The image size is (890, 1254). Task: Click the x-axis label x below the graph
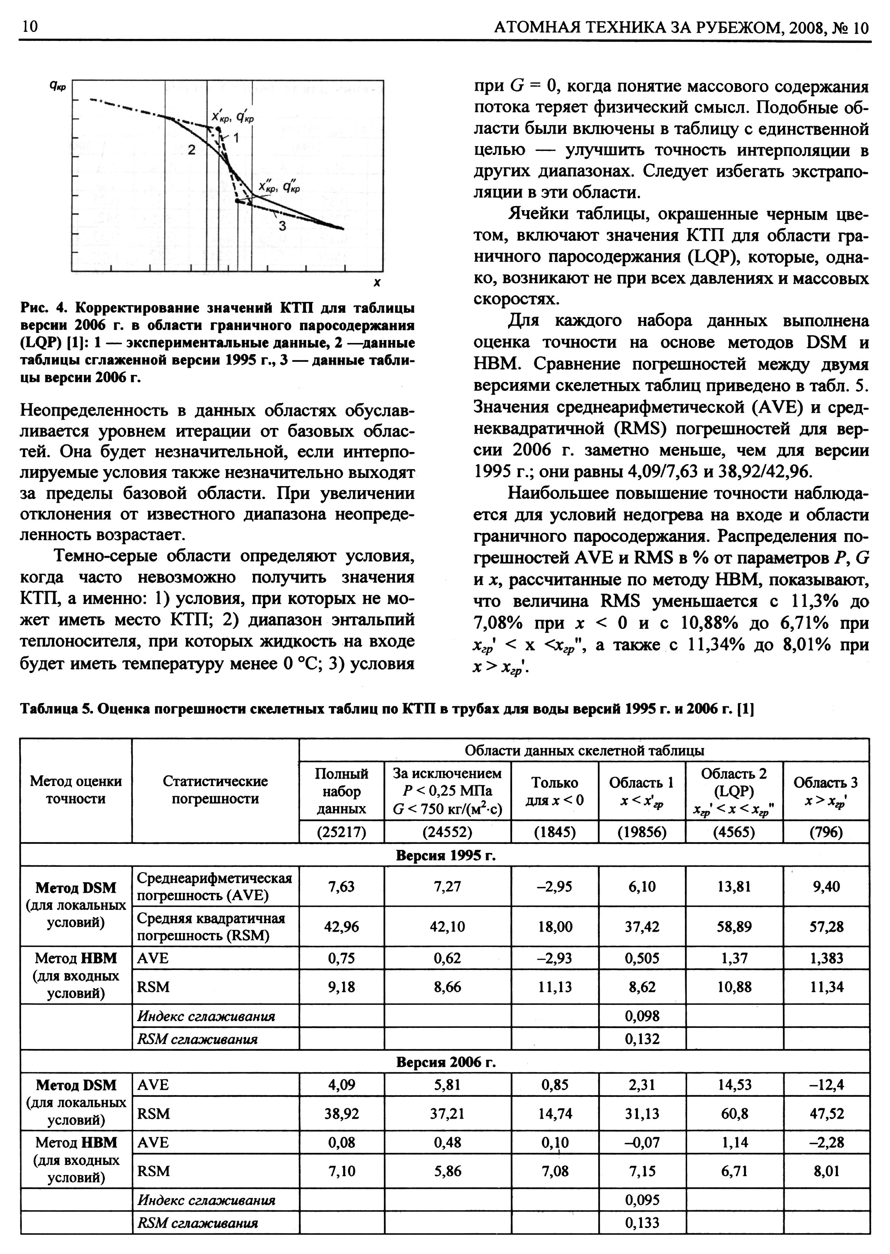click(377, 283)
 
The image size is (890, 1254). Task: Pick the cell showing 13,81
click(734, 887)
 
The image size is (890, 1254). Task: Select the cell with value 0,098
click(642, 1016)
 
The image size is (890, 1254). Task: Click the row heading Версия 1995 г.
click(445, 855)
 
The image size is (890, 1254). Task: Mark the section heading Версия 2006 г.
click(445, 1062)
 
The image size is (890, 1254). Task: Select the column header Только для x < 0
click(555, 791)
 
